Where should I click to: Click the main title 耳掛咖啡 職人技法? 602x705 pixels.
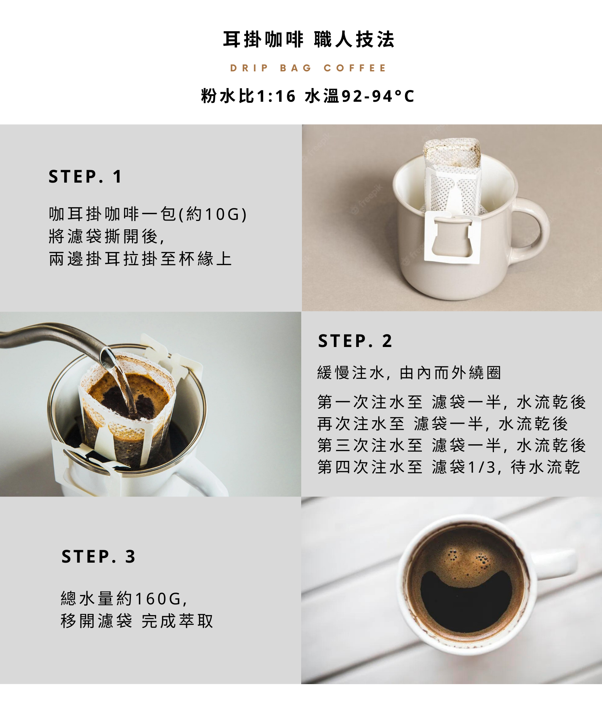(x=308, y=39)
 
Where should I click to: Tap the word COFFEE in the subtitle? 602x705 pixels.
(x=355, y=68)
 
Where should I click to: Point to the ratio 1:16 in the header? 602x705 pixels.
(x=276, y=96)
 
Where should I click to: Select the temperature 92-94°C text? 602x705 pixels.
(x=378, y=96)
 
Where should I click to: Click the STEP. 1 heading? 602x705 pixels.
(x=85, y=177)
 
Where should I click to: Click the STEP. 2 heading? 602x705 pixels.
(x=355, y=341)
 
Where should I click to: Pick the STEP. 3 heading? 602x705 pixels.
(x=98, y=557)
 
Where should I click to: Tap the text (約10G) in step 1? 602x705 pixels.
(x=213, y=214)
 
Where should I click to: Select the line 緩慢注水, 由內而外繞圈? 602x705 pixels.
(x=409, y=373)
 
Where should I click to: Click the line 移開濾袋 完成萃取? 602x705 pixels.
(x=137, y=621)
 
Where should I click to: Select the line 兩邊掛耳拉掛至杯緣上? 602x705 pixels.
(x=140, y=259)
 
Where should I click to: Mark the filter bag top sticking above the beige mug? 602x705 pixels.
(x=452, y=153)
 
